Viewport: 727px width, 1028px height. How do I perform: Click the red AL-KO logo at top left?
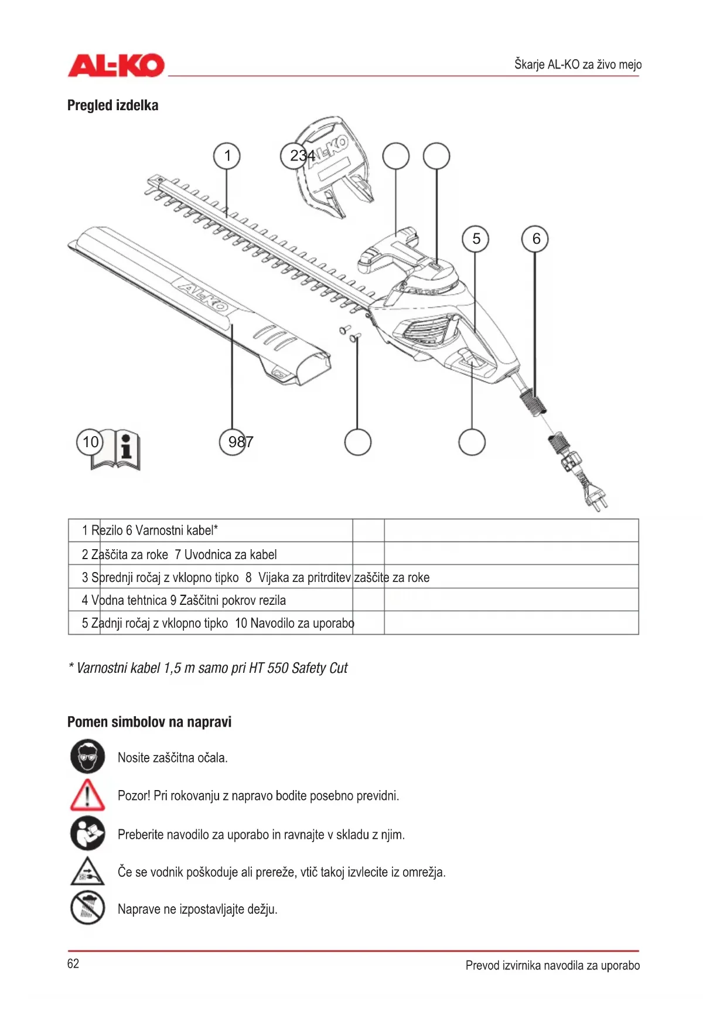pyautogui.click(x=116, y=65)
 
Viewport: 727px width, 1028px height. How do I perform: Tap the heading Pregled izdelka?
pyautogui.click(x=112, y=105)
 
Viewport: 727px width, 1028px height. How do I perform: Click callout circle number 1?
pyautogui.click(x=227, y=156)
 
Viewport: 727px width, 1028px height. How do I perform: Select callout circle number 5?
pyautogui.click(x=476, y=239)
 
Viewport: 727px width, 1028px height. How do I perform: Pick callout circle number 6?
pyautogui.click(x=535, y=239)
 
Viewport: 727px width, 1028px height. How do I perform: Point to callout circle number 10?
pyautogui.click(x=90, y=442)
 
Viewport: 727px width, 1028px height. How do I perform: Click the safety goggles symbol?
pyautogui.click(x=87, y=757)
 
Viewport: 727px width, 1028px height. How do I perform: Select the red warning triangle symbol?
pyautogui.click(x=87, y=795)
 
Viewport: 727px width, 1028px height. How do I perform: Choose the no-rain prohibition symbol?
pyautogui.click(x=87, y=908)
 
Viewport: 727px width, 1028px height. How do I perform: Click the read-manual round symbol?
pyautogui.click(x=87, y=833)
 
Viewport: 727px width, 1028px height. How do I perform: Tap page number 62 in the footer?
pyautogui.click(x=73, y=964)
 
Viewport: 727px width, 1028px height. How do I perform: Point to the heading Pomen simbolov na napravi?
pyautogui.click(x=149, y=722)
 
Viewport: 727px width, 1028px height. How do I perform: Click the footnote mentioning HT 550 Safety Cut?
pyautogui.click(x=209, y=668)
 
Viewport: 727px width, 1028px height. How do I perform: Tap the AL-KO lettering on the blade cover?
pyautogui.click(x=202, y=296)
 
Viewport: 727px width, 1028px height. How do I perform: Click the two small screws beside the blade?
pyautogui.click(x=350, y=333)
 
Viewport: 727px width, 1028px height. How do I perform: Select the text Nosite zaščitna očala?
pyautogui.click(x=172, y=758)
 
